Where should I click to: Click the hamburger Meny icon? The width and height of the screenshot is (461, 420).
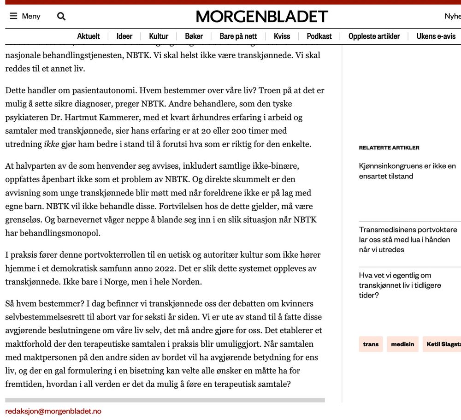(13, 16)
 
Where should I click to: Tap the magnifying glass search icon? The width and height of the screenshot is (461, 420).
(61, 17)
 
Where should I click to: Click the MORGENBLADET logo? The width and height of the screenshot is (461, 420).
(262, 17)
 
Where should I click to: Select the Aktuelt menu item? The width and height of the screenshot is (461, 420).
(89, 36)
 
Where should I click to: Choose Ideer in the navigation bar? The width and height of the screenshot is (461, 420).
(124, 36)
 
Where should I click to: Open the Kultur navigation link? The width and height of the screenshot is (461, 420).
(159, 36)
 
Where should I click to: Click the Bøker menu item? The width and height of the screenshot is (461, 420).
(194, 36)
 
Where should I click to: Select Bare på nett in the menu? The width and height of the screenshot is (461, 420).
(238, 36)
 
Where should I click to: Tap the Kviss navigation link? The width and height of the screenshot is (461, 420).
(282, 36)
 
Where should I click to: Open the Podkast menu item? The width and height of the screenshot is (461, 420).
(319, 36)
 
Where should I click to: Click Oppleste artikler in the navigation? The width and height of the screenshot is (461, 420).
(374, 36)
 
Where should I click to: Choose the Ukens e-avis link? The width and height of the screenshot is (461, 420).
(436, 36)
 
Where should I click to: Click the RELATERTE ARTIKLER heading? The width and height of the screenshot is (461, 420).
(389, 148)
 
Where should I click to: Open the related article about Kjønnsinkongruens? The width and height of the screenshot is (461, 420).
(407, 171)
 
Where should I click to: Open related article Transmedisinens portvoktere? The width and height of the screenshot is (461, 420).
(408, 239)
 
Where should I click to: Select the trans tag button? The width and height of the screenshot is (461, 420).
(371, 344)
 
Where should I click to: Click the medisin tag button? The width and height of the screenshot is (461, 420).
(402, 344)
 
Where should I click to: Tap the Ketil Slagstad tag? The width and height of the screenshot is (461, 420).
(443, 344)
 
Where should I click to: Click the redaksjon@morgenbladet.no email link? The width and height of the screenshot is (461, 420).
(53, 411)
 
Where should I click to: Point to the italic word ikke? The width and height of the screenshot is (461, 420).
(52, 144)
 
